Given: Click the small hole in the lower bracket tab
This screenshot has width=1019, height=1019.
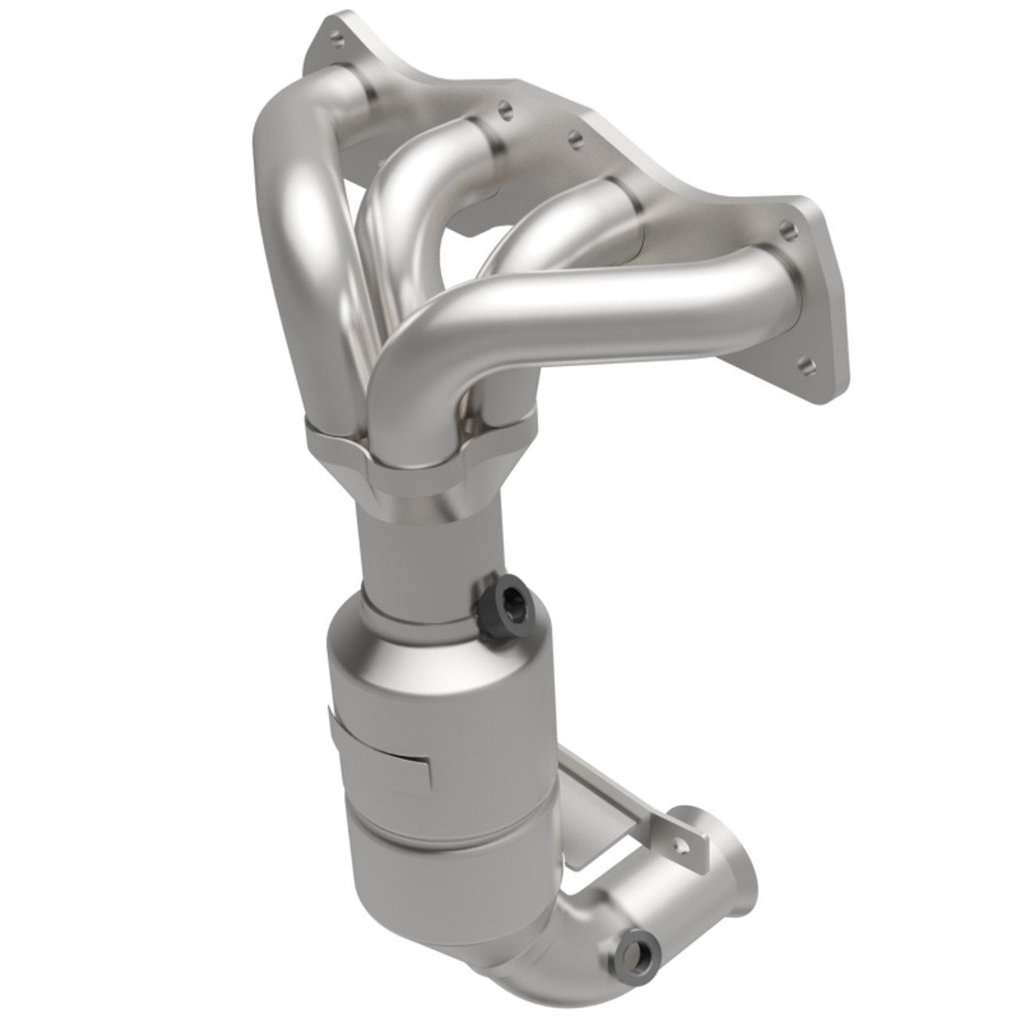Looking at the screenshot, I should [x=680, y=841].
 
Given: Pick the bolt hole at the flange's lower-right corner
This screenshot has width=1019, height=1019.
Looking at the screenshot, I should [x=807, y=365].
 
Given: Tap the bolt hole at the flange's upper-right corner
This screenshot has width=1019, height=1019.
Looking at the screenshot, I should [x=787, y=230].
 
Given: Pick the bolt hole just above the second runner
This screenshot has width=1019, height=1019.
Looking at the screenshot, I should [x=504, y=111].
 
